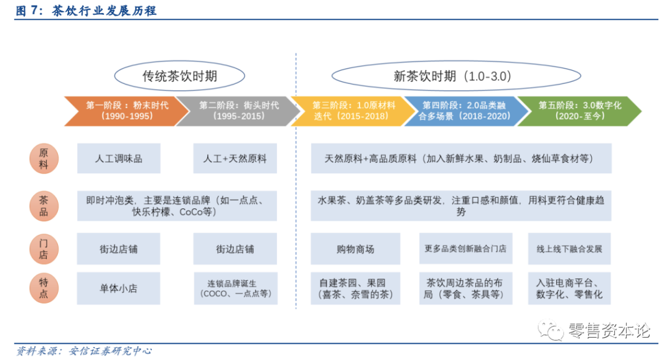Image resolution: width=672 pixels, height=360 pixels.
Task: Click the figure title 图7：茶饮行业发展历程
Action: (85, 11)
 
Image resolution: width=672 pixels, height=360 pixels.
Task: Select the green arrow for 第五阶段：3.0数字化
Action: (579, 111)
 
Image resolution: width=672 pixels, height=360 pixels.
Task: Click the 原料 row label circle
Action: (44, 159)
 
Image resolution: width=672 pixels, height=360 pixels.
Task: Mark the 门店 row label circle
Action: (44, 249)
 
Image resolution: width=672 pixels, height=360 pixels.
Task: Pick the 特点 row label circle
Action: (44, 288)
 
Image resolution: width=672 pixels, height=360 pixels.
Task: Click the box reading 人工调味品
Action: (119, 159)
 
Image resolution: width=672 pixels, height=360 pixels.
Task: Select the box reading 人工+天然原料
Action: (235, 159)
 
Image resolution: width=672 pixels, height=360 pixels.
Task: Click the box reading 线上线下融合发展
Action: (569, 249)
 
